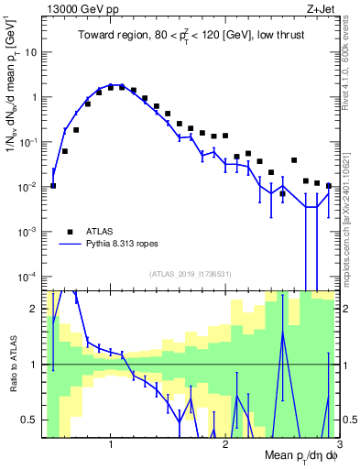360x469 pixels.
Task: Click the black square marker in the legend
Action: click(x=70, y=233)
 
